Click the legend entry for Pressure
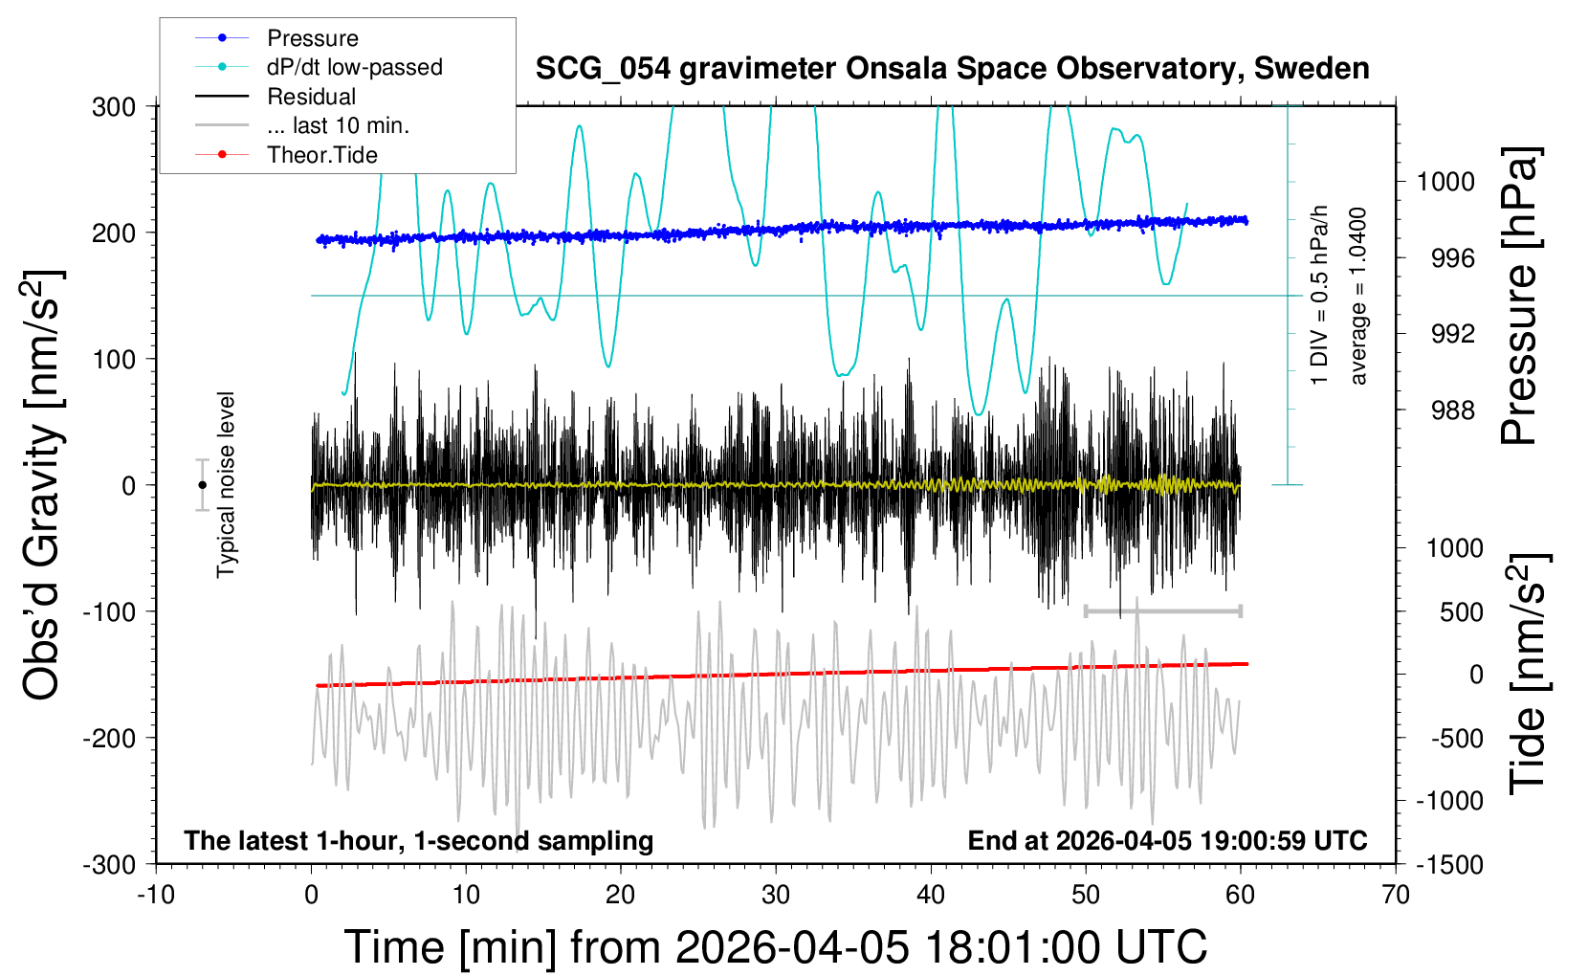[312, 38]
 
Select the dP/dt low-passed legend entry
[354, 67]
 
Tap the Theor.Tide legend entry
[321, 155]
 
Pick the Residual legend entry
[311, 97]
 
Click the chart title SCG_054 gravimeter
[952, 69]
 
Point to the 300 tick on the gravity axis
[114, 107]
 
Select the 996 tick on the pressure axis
[1452, 258]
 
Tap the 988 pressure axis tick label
[1452, 410]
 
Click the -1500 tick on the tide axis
[1449, 865]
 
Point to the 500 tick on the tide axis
[1462, 612]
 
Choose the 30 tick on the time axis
[776, 896]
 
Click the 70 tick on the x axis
[1396, 896]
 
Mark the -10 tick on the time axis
[156, 896]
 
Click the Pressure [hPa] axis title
[1520, 297]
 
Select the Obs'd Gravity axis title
[43, 485]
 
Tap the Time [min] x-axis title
[775, 947]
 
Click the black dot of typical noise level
[202, 485]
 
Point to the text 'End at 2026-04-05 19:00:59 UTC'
[1167, 841]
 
